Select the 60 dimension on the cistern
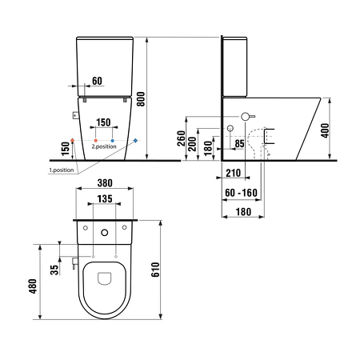(96, 81)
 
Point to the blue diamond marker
(135, 141)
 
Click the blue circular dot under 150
(113, 141)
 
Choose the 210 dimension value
(233, 174)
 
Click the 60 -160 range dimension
(236, 193)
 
